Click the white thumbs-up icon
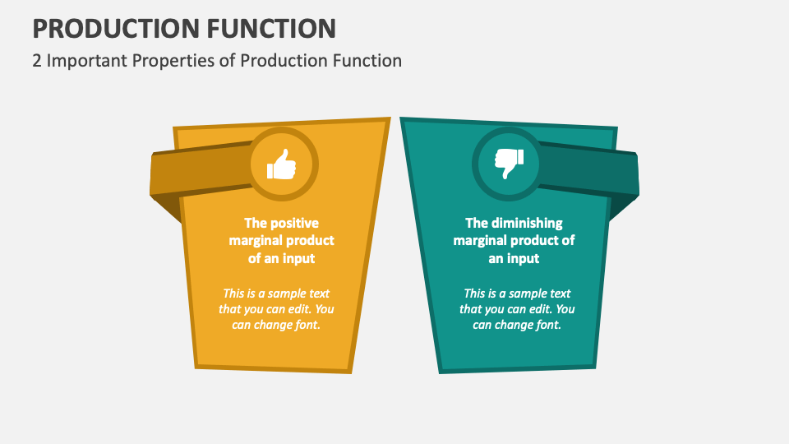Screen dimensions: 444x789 coord(281,166)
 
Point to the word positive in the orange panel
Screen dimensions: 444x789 coord(293,223)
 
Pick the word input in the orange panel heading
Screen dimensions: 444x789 coord(298,258)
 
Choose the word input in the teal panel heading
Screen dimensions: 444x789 coord(523,258)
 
